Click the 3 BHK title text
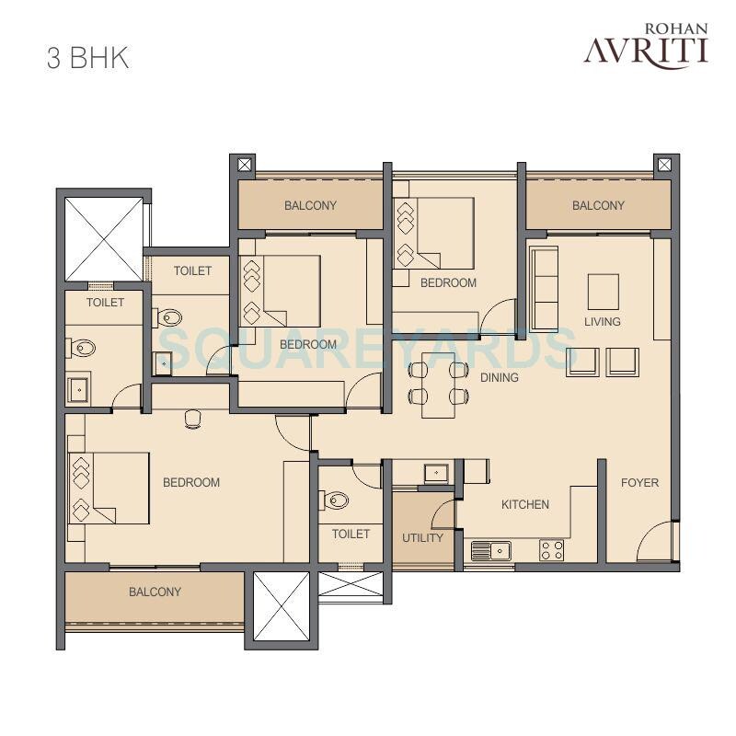pyautogui.click(x=87, y=56)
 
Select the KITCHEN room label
pyautogui.click(x=524, y=504)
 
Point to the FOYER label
pyautogui.click(x=639, y=482)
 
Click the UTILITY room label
pyautogui.click(x=423, y=537)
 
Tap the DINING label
pyautogui.click(x=499, y=377)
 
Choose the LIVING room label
pyautogui.click(x=602, y=321)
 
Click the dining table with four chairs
pyautogui.click(x=439, y=383)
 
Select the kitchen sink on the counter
pyautogui.click(x=490, y=550)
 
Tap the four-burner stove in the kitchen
pyautogui.click(x=551, y=550)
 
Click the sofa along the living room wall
pyautogui.click(x=544, y=288)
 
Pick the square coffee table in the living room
pyautogui.click(x=603, y=291)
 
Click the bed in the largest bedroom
pyautogui.click(x=109, y=488)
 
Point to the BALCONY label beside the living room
pyautogui.click(x=598, y=205)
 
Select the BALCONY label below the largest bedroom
pyautogui.click(x=155, y=592)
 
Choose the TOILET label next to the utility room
pyautogui.click(x=351, y=534)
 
